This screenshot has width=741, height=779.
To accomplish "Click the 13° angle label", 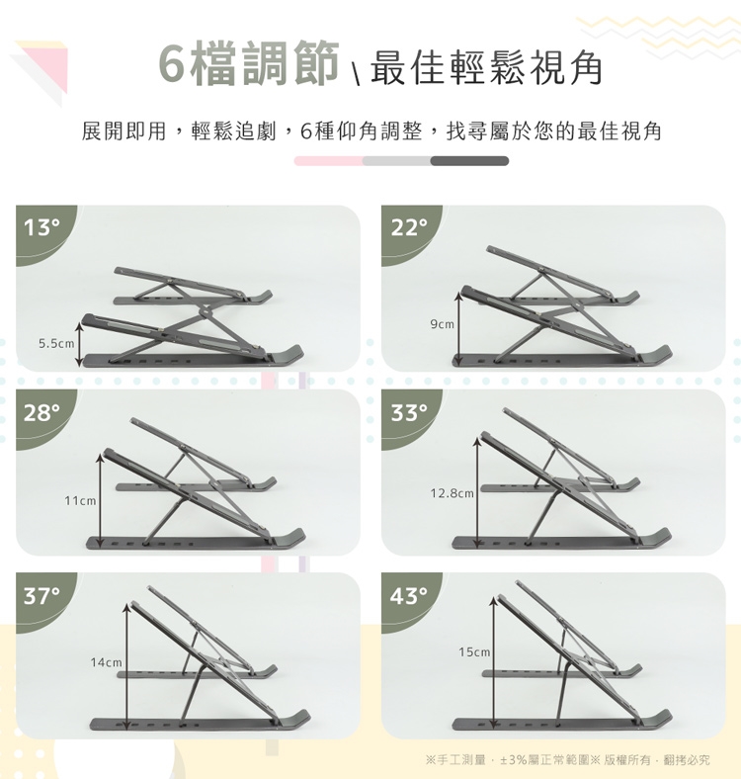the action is point(41,228).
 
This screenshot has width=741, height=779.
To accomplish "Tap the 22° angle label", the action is point(409,228).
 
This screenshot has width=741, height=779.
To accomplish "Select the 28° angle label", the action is point(41,412).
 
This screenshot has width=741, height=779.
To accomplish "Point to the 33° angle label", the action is point(409,412).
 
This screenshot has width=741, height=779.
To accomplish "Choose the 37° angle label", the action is point(41,596).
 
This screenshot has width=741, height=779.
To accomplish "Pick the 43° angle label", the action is point(409,596).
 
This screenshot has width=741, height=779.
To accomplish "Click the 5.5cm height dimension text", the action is point(56,343).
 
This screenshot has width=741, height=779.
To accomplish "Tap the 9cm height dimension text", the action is point(442,324).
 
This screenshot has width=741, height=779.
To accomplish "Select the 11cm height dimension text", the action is point(80,501).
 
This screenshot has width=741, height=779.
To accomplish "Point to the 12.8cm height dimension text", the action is point(452,493).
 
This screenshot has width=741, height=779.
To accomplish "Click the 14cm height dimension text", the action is point(107,662).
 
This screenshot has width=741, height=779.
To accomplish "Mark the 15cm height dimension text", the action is point(474,651).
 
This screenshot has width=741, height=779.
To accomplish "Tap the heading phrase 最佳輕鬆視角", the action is point(486,67).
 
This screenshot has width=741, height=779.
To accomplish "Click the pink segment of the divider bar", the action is point(329,161).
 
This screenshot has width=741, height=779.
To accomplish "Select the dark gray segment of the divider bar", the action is point(469,161).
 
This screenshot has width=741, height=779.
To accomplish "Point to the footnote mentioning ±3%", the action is point(568,759).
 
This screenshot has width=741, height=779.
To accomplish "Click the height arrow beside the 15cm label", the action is point(493,663).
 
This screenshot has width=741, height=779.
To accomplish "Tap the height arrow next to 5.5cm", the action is point(79,344).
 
